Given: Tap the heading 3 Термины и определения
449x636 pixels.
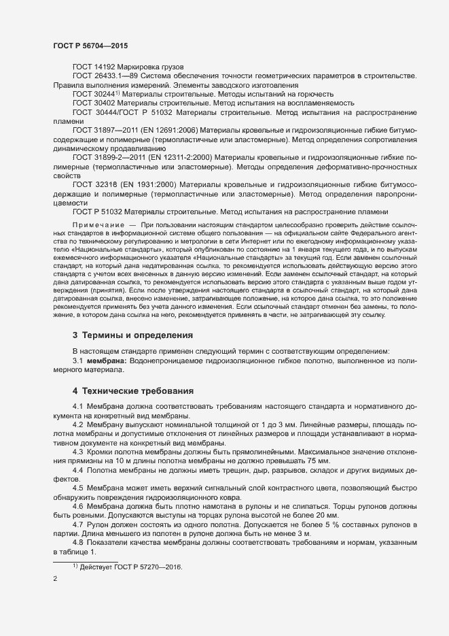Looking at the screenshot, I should coord(132,335).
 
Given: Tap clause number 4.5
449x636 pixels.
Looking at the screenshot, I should coord(77,488).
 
